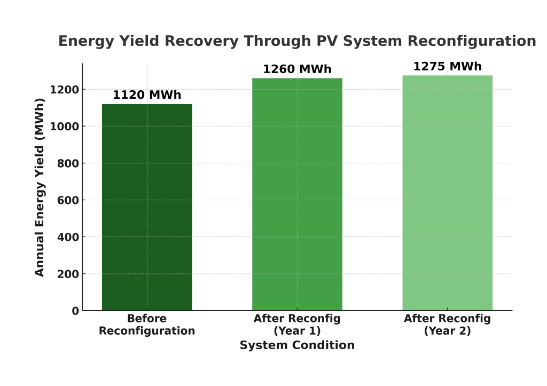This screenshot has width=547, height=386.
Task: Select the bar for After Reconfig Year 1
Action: pos(297,194)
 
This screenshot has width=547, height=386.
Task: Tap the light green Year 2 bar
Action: pos(447,193)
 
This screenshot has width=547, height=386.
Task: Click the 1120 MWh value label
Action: pos(147,96)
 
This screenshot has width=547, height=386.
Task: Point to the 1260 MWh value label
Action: pos(297,69)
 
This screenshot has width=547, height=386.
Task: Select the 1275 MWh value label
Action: pos(447,67)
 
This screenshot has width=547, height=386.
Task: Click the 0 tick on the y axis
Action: pos(75,311)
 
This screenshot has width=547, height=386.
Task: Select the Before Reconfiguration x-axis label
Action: pos(147,325)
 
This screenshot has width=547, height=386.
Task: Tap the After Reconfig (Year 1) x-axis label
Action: pos(297,325)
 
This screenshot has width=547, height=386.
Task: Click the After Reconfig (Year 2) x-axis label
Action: pos(447,325)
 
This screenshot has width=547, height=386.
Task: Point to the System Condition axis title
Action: pos(297,345)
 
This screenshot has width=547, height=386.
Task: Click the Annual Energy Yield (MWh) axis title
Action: pos(40,187)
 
